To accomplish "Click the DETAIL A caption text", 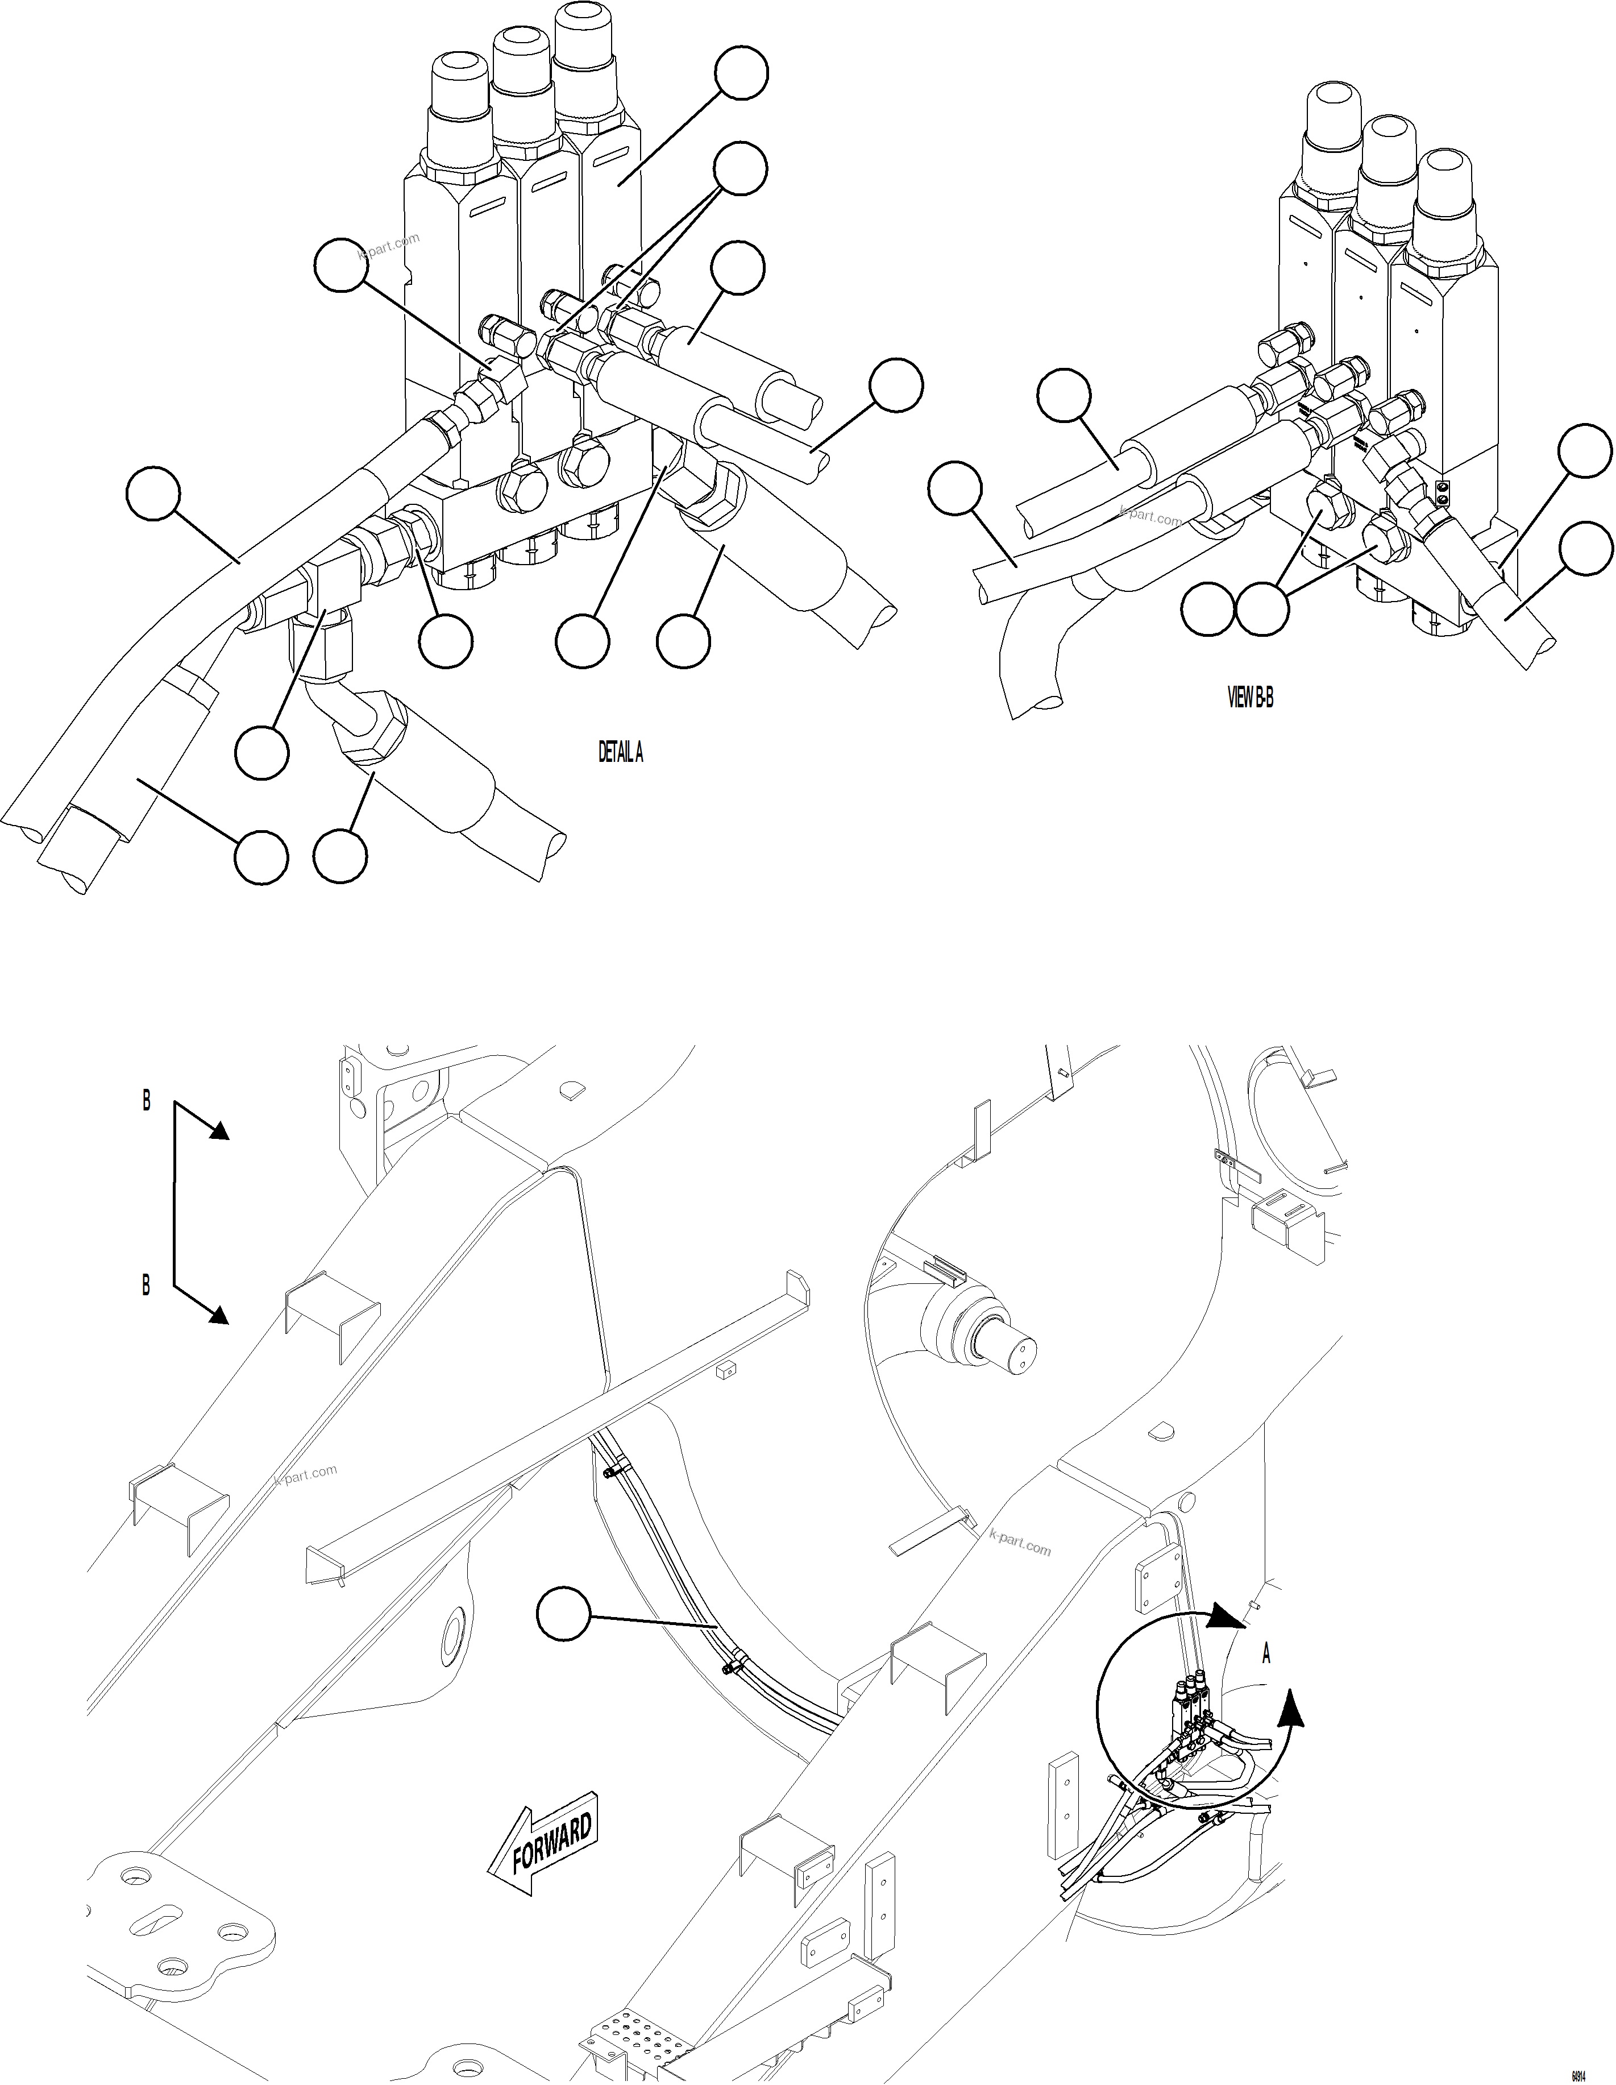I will coord(621,752).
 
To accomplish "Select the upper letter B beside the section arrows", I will coord(146,1101).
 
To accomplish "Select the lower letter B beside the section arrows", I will coord(146,1286).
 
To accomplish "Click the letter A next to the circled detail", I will coord(1266,1655).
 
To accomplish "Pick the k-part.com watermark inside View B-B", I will coord(1151,516).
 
